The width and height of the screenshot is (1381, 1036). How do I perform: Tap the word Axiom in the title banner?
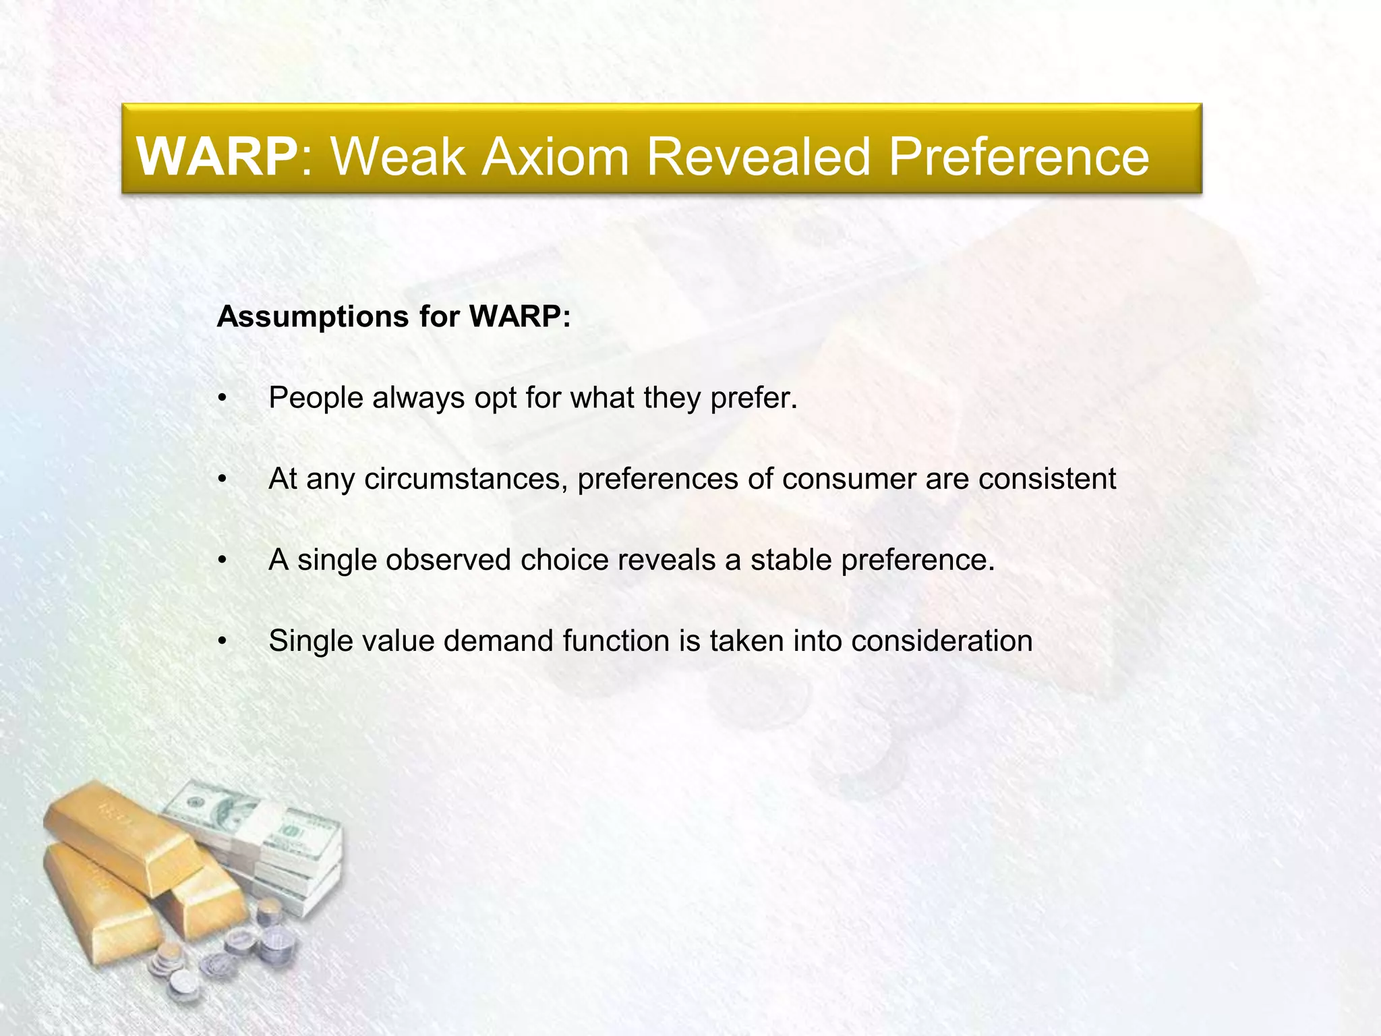[555, 156]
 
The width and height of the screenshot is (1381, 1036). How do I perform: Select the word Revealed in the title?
[759, 156]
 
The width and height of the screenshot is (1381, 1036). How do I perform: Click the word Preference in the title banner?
[1018, 156]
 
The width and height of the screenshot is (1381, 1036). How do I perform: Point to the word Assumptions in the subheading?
[313, 316]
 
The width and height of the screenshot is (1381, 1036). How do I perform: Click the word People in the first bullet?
[316, 397]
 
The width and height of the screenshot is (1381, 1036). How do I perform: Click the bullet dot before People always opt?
[222, 399]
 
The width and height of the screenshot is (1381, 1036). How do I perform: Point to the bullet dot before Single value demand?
[222, 641]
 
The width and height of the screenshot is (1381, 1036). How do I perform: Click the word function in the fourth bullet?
[616, 641]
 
